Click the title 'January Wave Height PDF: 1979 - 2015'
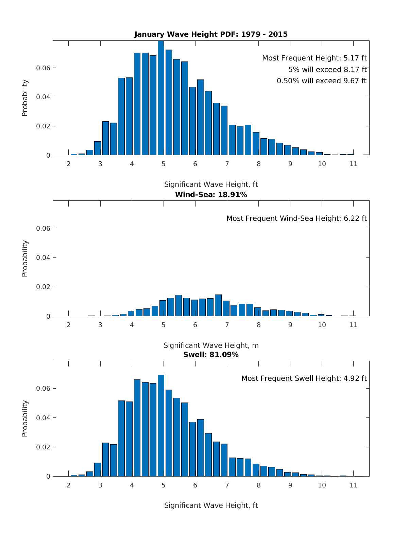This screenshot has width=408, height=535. click(211, 34)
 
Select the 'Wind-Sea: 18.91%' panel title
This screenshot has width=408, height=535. click(211, 195)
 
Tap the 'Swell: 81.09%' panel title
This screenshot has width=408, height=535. click(211, 355)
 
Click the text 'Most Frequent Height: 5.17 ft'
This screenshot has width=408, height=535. click(314, 58)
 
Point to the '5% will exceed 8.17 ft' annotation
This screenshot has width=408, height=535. click(327, 70)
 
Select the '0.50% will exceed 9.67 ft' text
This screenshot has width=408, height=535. click(321, 81)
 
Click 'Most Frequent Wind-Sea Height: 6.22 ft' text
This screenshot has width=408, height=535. click(296, 218)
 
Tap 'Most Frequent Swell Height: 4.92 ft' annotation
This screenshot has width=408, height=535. click(304, 378)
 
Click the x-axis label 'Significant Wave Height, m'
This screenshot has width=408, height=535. click(211, 345)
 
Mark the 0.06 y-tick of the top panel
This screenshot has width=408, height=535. click(43, 68)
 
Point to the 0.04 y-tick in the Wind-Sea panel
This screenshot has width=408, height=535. click(43, 257)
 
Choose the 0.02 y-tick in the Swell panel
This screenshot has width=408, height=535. click(43, 447)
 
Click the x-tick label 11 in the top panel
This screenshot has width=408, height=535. click(354, 164)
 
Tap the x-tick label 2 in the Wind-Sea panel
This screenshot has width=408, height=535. click(69, 325)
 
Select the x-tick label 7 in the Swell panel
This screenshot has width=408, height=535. click(227, 485)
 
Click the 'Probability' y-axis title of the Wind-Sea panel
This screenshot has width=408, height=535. click(25, 258)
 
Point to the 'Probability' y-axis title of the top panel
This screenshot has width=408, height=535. click(25, 98)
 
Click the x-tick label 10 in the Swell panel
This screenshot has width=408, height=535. click(322, 485)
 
